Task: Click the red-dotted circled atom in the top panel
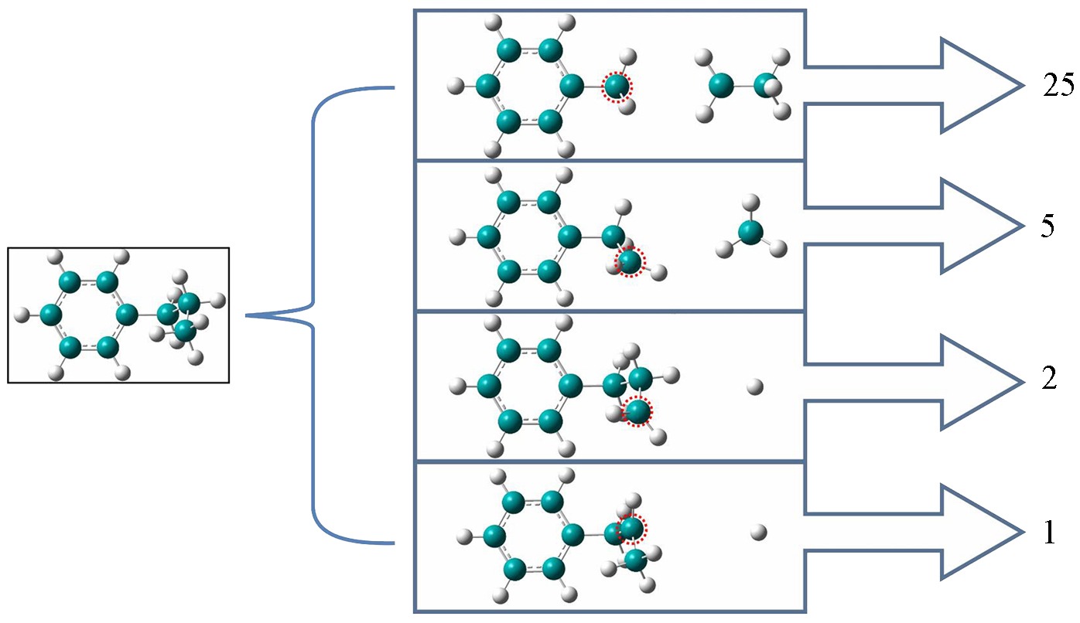point(617,87)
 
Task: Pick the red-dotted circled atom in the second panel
point(630,262)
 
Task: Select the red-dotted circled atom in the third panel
point(637,412)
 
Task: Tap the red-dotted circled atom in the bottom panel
point(631,528)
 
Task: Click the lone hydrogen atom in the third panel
point(755,386)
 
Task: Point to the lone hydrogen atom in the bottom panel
point(758,532)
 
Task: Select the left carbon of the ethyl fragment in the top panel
point(721,85)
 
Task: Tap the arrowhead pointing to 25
point(979,86)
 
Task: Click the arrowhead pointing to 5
point(979,226)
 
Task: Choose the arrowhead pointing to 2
point(979,382)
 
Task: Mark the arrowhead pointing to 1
point(979,533)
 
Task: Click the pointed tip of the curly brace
point(248,315)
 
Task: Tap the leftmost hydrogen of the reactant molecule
point(22,315)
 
